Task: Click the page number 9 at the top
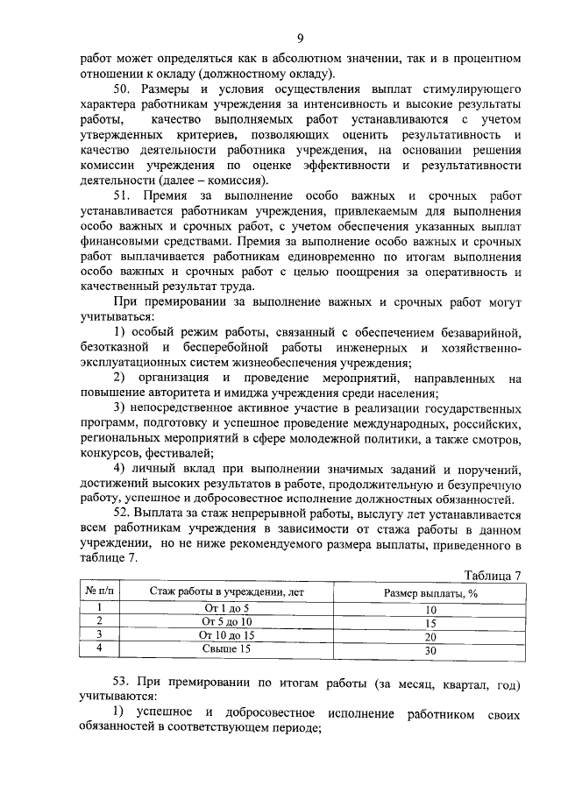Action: pos(300,37)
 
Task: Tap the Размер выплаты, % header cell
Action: pos(430,592)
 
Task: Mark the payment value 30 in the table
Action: pos(430,651)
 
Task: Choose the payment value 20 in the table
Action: pos(430,637)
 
